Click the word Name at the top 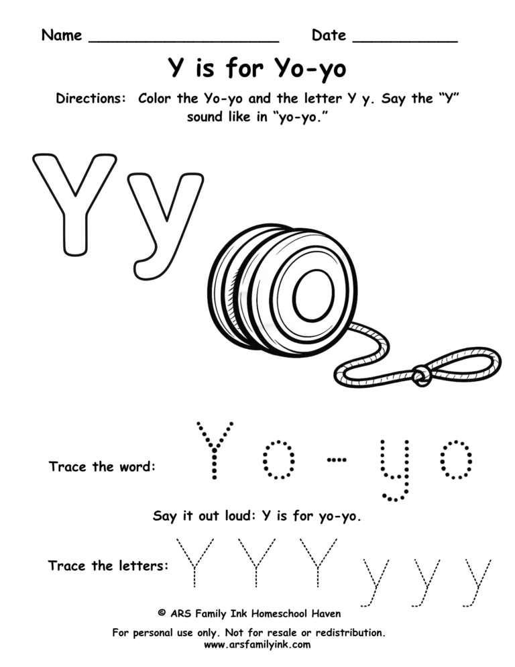pyautogui.click(x=62, y=36)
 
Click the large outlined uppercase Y pyautogui.click(x=73, y=201)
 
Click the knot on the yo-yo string pyautogui.click(x=421, y=374)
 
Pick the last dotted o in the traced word pyautogui.click(x=455, y=460)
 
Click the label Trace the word pyautogui.click(x=102, y=466)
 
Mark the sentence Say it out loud pyautogui.click(x=257, y=517)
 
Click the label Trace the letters pyautogui.click(x=108, y=566)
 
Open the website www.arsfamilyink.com pyautogui.click(x=257, y=645)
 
